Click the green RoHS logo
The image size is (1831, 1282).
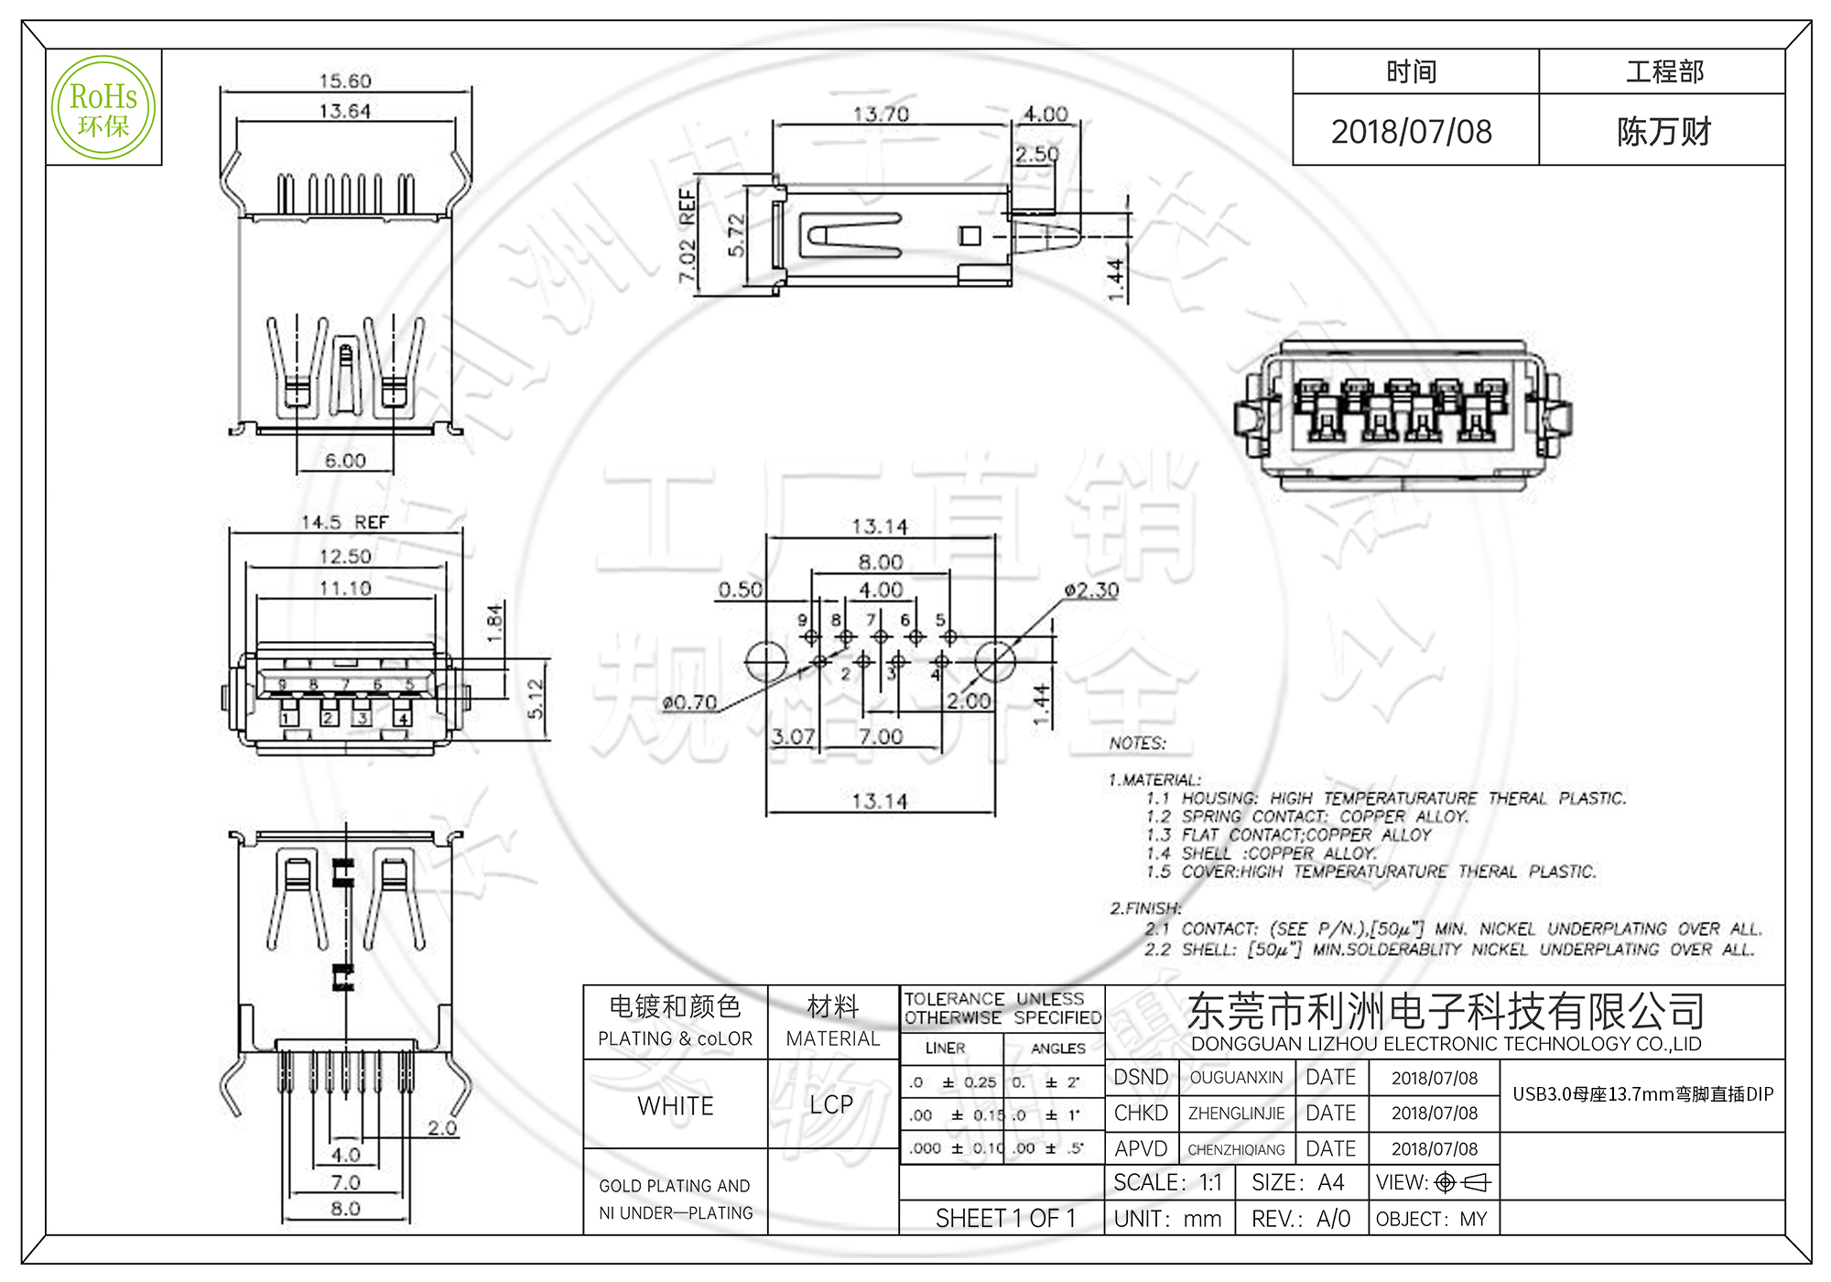(x=103, y=108)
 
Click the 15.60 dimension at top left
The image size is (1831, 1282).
(x=344, y=81)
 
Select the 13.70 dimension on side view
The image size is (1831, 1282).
(x=880, y=114)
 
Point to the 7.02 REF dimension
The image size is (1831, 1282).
(x=688, y=235)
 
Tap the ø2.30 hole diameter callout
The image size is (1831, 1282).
(x=1091, y=591)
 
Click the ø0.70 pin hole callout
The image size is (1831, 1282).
(x=689, y=702)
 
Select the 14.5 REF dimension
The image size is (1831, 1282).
(x=344, y=522)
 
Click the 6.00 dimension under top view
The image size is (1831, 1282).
(x=344, y=461)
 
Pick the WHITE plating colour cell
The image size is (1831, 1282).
(x=675, y=1105)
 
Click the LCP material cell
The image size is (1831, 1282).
(x=831, y=1104)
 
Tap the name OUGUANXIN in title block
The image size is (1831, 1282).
(x=1236, y=1078)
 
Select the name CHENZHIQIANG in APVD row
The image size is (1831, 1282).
(x=1236, y=1149)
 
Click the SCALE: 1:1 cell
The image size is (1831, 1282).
(x=1167, y=1183)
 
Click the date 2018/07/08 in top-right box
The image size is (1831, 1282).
(x=1411, y=132)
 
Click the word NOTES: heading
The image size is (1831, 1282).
(x=1137, y=744)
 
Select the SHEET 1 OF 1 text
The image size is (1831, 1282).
(x=1005, y=1218)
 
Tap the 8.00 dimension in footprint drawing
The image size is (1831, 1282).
(x=880, y=561)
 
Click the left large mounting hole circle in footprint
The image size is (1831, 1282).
(x=766, y=661)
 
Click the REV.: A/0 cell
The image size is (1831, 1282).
(x=1300, y=1219)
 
